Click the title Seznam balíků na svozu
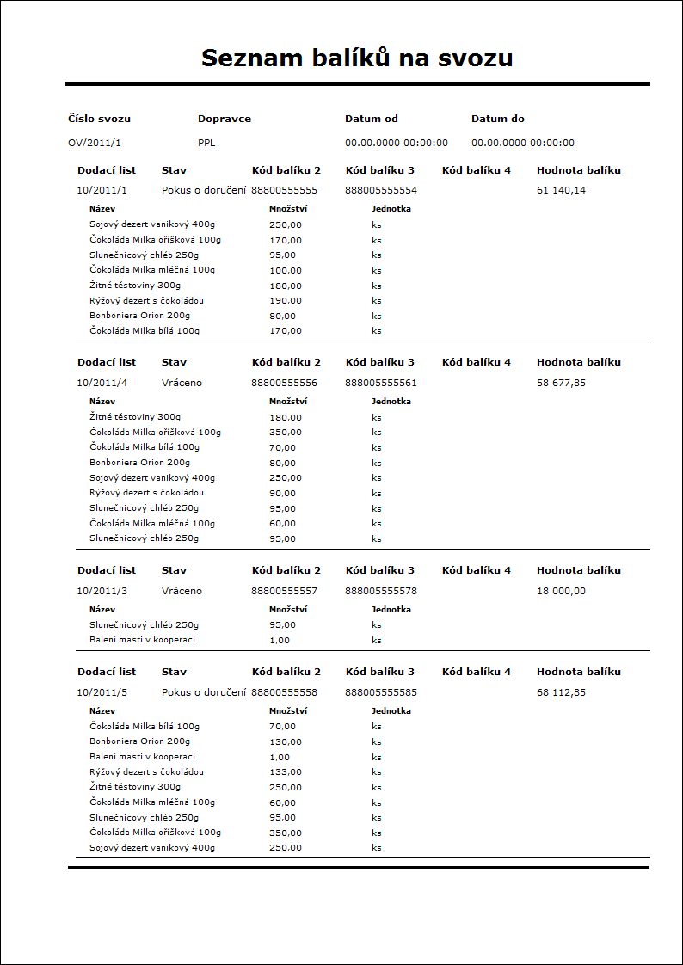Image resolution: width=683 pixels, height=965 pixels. pyautogui.click(x=357, y=58)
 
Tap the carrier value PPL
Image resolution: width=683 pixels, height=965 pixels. pyautogui.click(x=206, y=143)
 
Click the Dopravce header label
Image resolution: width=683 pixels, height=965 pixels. pyautogui.click(x=224, y=119)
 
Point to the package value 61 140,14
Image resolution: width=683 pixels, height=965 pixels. pyautogui.click(x=561, y=190)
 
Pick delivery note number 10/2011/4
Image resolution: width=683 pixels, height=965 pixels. pyautogui.click(x=102, y=383)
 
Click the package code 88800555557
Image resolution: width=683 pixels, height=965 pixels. pyautogui.click(x=284, y=591)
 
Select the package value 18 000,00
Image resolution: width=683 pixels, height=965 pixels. pyautogui.click(x=561, y=591)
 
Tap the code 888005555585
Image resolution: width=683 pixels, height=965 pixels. pyautogui.click(x=381, y=692)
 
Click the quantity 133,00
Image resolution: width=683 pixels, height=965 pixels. pyautogui.click(x=285, y=772)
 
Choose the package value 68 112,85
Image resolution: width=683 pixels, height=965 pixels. pyautogui.click(x=561, y=692)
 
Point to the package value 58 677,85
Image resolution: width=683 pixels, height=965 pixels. pyautogui.click(x=561, y=383)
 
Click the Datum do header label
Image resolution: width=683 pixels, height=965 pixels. pyautogui.click(x=497, y=119)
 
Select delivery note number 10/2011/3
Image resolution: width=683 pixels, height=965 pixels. pyautogui.click(x=102, y=591)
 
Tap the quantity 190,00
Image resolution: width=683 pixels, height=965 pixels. pyautogui.click(x=285, y=301)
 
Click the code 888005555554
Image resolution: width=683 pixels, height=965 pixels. pyautogui.click(x=381, y=190)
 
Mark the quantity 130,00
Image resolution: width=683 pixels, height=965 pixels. pyautogui.click(x=285, y=741)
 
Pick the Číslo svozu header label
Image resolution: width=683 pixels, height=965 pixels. pyautogui.click(x=99, y=119)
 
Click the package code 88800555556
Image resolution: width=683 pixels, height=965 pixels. pyautogui.click(x=284, y=383)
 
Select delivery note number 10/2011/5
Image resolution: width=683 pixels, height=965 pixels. pyautogui.click(x=102, y=692)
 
